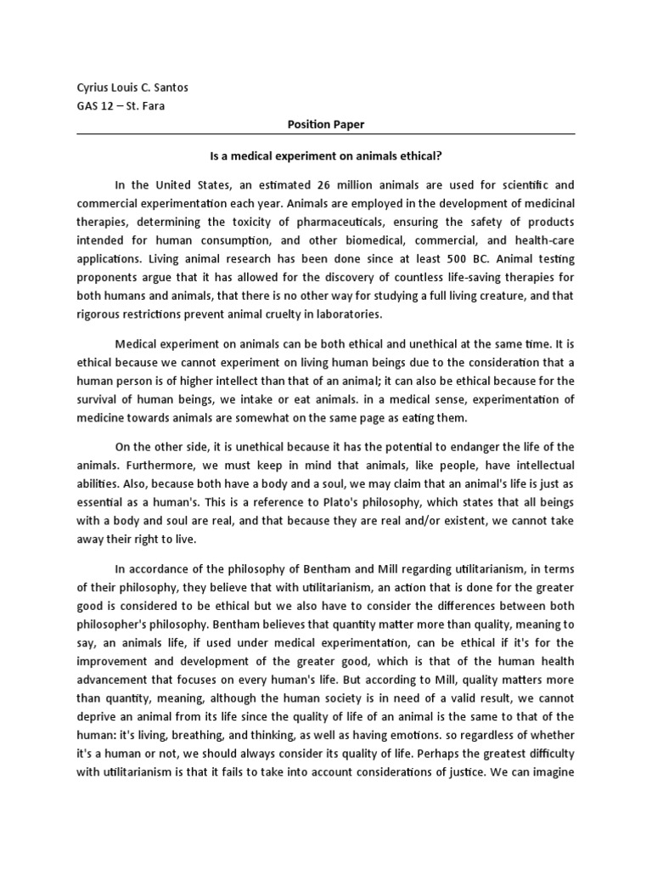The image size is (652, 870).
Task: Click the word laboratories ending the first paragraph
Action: point(338,314)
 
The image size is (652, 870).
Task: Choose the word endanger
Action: point(482,447)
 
